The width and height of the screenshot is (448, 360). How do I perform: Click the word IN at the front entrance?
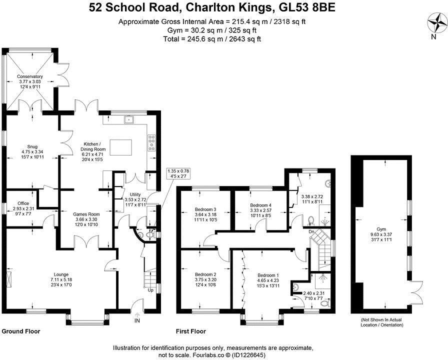coord(137,320)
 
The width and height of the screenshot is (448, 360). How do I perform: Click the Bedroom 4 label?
coord(260,205)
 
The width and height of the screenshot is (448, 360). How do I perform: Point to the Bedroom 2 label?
coord(205,274)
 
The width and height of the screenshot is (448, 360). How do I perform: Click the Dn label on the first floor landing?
coord(311,231)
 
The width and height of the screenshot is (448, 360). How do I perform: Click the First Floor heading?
coord(191,331)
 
